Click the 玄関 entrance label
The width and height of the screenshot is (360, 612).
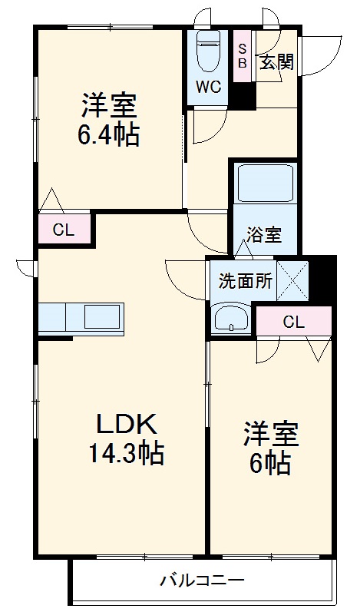coord(276,62)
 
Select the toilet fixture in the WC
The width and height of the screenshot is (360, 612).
coord(209,52)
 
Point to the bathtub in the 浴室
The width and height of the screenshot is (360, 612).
coord(263,184)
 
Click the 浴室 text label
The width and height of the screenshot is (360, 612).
coord(263,236)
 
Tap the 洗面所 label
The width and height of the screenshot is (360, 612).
coord(245,281)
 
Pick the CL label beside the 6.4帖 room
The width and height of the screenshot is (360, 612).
coord(64,229)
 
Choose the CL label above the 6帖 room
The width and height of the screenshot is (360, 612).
coord(292,322)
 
